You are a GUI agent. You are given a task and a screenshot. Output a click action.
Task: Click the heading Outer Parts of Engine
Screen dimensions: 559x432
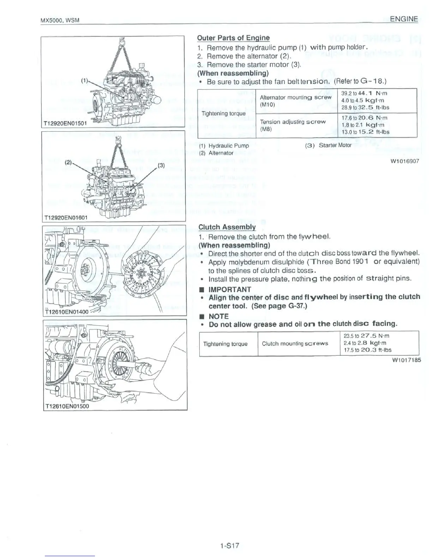pyautogui.click(x=233, y=38)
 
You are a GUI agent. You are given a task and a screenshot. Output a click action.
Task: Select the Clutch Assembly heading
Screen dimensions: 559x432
pyautogui.click(x=227, y=227)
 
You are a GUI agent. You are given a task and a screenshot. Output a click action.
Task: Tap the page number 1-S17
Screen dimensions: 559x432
pyautogui.click(x=229, y=545)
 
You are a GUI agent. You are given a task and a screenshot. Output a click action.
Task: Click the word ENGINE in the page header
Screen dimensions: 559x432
pyautogui.click(x=401, y=19)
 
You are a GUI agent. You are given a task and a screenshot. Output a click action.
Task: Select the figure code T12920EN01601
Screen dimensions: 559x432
pyautogui.click(x=65, y=217)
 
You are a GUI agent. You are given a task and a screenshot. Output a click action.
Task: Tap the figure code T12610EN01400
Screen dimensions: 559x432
pyautogui.click(x=67, y=312)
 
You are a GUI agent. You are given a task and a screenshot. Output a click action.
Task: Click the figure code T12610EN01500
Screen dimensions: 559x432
pyautogui.click(x=67, y=406)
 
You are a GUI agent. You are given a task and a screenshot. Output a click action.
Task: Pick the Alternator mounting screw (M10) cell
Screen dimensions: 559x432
pyautogui.click(x=295, y=101)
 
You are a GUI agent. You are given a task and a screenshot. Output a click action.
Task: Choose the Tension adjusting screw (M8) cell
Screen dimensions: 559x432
pyautogui.click(x=293, y=125)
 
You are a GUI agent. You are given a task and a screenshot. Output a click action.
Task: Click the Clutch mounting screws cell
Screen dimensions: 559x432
pyautogui.click(x=295, y=343)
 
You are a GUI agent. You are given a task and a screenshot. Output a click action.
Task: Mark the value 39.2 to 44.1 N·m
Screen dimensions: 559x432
pyautogui.click(x=365, y=94)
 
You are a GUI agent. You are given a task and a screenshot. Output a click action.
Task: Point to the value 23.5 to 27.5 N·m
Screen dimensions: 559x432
pyautogui.click(x=366, y=336)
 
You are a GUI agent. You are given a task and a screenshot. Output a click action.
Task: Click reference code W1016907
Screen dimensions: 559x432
pyautogui.click(x=404, y=161)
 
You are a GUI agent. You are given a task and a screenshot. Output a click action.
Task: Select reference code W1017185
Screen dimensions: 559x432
pyautogui.click(x=406, y=360)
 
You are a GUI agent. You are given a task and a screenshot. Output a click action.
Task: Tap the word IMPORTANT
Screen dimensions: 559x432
pyautogui.click(x=230, y=289)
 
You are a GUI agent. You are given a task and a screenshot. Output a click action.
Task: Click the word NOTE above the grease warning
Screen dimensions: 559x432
pyautogui.click(x=218, y=316)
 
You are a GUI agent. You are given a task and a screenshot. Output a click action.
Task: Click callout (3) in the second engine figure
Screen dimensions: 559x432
pyautogui.click(x=161, y=165)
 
